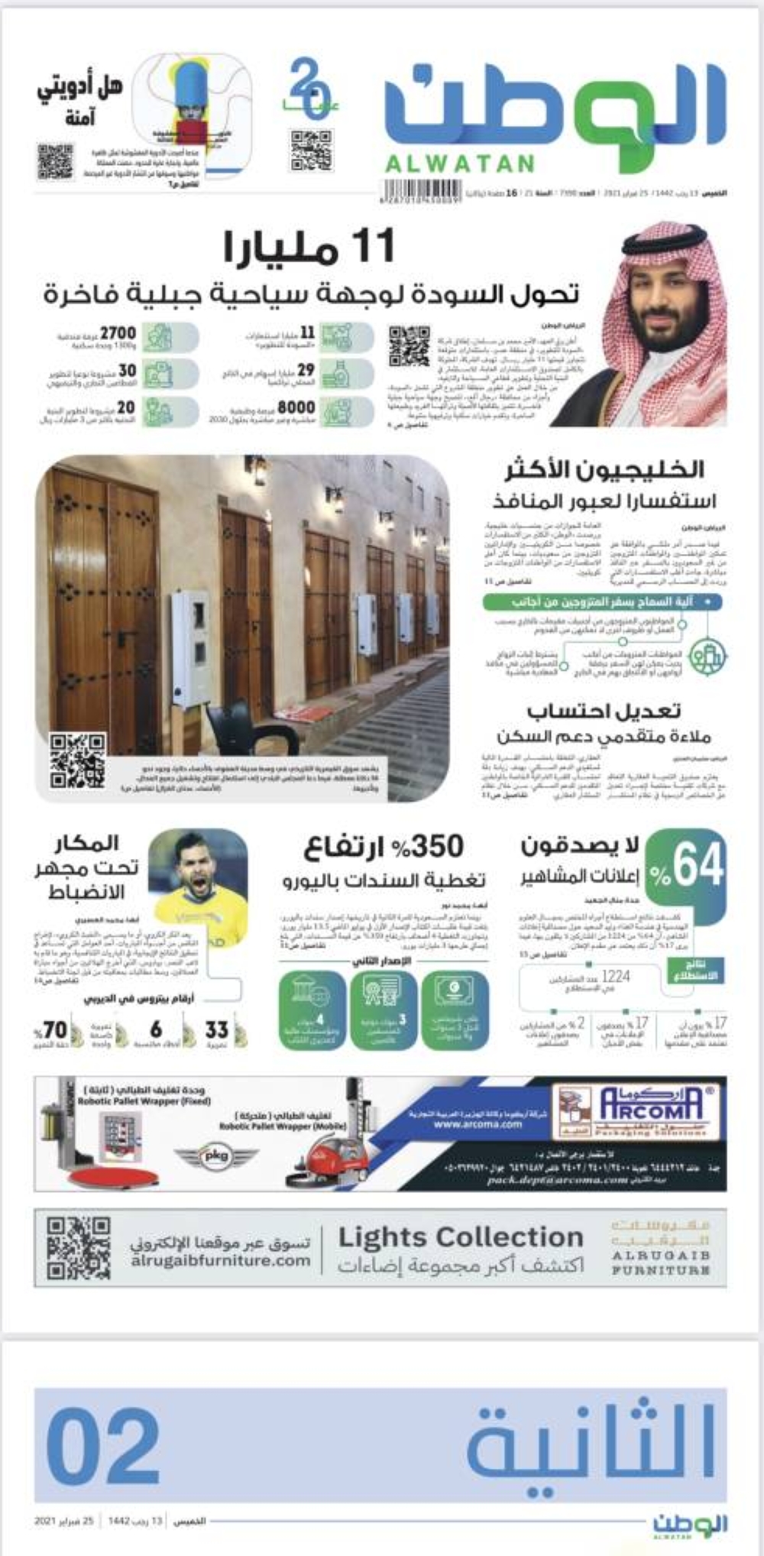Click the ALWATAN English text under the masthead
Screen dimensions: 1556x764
pyautogui.click(x=459, y=163)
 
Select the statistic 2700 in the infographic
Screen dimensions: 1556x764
pyautogui.click(x=118, y=333)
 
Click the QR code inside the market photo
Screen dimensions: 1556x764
pyautogui.click(x=77, y=760)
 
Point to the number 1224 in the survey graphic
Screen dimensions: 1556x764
pyautogui.click(x=615, y=976)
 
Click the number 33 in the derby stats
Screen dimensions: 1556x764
pyautogui.click(x=216, y=1030)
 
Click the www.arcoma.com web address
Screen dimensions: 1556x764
pyautogui.click(x=477, y=1123)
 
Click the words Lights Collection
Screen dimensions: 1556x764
pyautogui.click(x=460, y=1237)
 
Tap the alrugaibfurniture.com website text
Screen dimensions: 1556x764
pyautogui.click(x=220, y=1260)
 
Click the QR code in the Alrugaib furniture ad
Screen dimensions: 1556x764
pyautogui.click(x=78, y=1248)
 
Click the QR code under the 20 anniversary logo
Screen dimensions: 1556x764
pyautogui.click(x=311, y=151)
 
